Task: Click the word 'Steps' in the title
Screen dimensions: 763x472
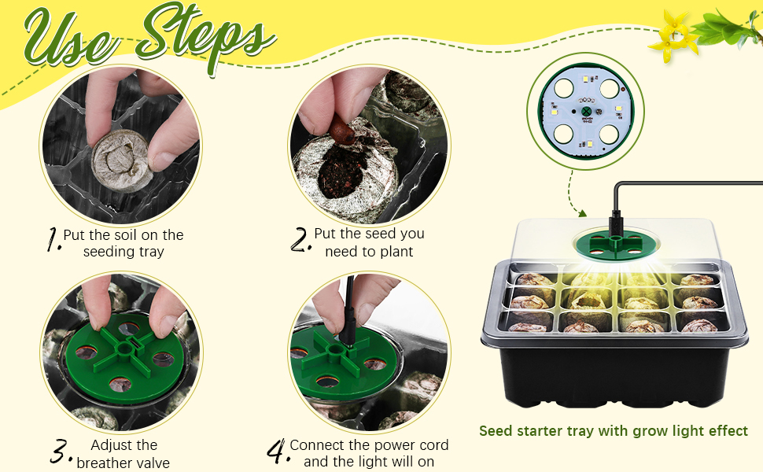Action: click(x=205, y=36)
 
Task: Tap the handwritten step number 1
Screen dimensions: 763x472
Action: click(x=53, y=239)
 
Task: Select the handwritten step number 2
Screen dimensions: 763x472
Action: click(x=300, y=239)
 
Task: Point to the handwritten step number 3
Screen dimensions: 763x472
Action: click(x=61, y=451)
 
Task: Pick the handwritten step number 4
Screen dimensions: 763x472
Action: click(x=278, y=451)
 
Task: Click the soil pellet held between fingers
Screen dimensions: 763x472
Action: click(x=120, y=161)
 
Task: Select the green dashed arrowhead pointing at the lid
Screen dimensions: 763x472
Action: click(x=581, y=212)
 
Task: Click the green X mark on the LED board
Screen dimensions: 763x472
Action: click(x=586, y=112)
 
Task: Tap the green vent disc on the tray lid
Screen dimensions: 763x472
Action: click(x=616, y=244)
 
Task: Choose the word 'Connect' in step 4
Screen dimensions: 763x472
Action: click(x=317, y=444)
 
